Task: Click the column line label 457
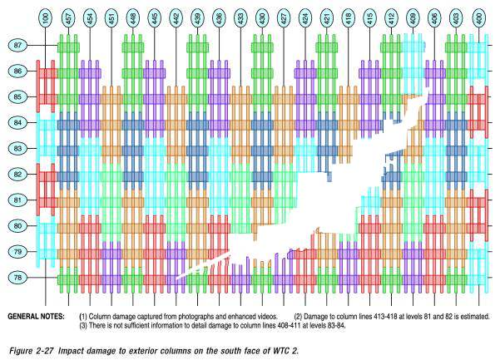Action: tap(68, 17)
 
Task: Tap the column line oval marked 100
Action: tap(46, 17)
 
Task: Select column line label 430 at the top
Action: tap(262, 17)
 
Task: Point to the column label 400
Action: tap(479, 17)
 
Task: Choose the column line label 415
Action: tap(370, 17)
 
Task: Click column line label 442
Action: tap(176, 17)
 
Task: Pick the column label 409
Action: tap(413, 17)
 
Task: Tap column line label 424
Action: tap(305, 17)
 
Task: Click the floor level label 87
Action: tap(17, 45)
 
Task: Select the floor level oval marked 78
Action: tap(17, 277)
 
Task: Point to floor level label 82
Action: tap(17, 175)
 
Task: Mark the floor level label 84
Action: tap(17, 123)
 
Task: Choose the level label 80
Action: tap(17, 226)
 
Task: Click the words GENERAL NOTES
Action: tap(36, 317)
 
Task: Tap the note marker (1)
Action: tap(83, 317)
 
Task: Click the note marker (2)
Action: tap(298, 317)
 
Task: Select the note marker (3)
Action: tap(83, 326)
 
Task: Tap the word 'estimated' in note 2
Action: tap(476, 317)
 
